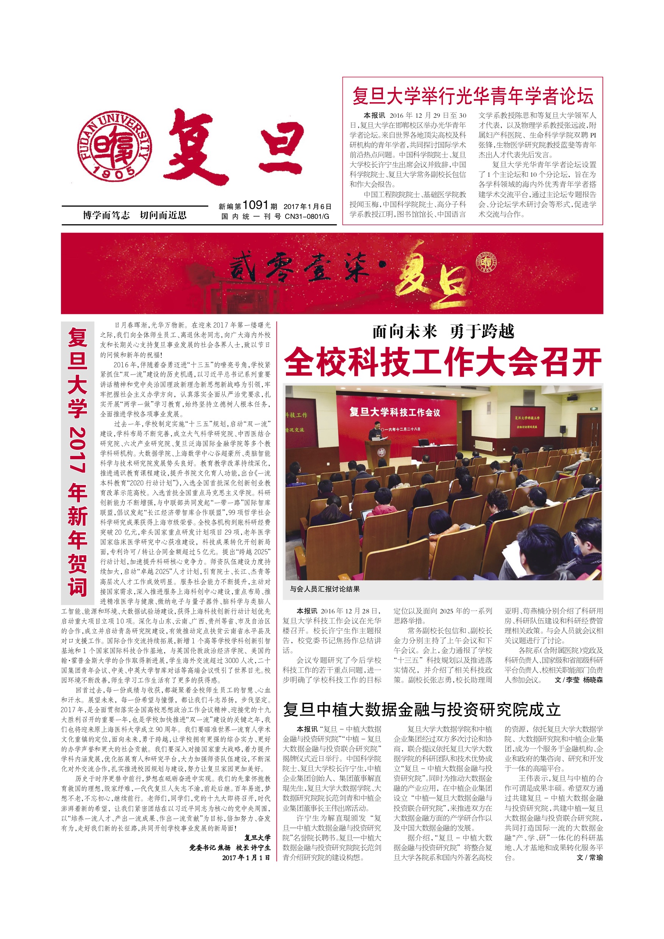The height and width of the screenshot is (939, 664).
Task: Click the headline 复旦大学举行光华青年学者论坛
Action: click(473, 96)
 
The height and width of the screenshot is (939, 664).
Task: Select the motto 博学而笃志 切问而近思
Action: click(134, 215)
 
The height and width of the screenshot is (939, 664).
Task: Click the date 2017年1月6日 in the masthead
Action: click(307, 206)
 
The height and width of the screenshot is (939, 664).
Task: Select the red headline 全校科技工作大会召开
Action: click(443, 362)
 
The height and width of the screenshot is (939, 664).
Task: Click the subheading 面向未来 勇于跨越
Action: click(443, 331)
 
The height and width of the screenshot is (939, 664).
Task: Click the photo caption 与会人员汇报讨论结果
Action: click(325, 589)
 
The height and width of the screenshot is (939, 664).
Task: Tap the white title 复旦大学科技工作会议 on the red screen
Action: click(395, 412)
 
